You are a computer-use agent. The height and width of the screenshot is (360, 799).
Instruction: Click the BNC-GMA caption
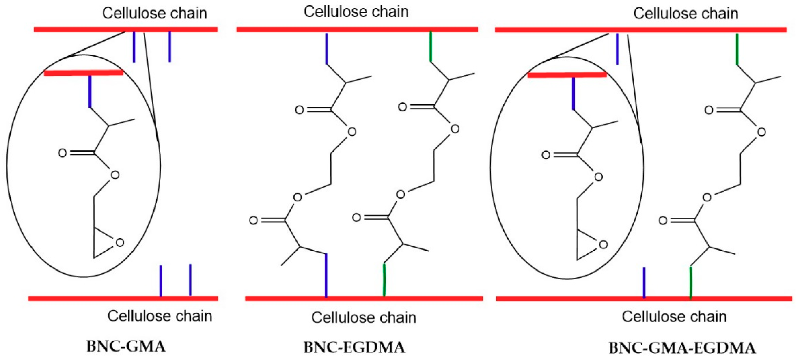point(126,346)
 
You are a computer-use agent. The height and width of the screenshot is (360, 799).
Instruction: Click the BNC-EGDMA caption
point(354,347)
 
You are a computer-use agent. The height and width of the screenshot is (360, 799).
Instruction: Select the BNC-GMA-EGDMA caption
point(682,348)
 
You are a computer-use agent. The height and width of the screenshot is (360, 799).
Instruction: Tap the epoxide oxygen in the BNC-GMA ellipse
point(120,243)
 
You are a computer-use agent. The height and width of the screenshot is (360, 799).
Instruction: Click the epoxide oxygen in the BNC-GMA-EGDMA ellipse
point(603,245)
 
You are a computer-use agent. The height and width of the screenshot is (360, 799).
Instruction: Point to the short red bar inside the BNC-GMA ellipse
point(84,73)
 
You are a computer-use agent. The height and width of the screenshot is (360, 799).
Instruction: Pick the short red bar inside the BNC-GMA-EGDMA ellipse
point(567,75)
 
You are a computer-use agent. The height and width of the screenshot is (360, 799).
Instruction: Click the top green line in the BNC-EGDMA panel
point(430,47)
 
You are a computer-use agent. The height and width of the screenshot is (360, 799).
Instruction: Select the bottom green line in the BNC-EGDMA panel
point(384,280)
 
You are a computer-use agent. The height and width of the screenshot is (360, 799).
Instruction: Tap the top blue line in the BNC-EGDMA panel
point(326,48)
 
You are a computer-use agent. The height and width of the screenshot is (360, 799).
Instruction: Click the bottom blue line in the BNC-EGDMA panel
point(326,275)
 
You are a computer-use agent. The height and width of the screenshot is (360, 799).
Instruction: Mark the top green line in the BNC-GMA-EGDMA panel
point(737,49)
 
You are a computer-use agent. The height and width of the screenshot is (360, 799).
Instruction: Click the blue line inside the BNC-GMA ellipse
point(90,91)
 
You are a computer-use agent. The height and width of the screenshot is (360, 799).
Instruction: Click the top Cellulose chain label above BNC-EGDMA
point(356,12)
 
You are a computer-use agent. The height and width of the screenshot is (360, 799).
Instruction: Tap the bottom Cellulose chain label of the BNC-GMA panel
point(160,316)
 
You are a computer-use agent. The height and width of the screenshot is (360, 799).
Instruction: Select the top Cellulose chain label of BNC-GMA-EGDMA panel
point(685,14)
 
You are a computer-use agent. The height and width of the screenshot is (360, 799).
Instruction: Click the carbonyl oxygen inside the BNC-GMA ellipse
point(62,153)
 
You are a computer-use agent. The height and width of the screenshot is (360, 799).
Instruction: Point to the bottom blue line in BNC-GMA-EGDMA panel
point(644,282)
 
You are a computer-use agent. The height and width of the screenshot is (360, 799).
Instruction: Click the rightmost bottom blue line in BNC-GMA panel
point(190,280)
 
